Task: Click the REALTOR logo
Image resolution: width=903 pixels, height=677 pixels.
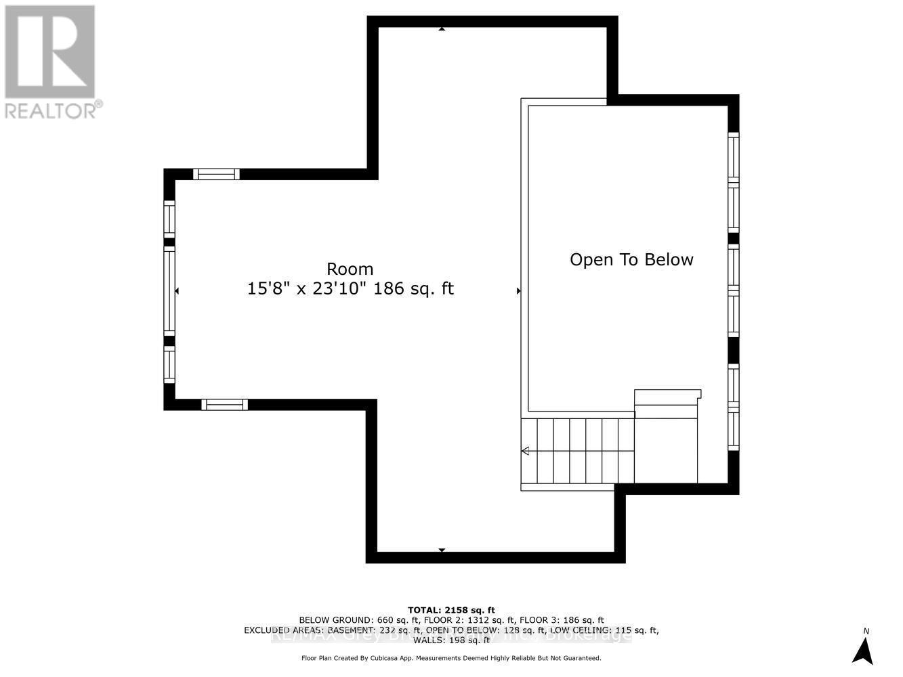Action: click(50, 62)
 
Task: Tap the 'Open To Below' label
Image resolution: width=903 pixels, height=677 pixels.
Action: click(631, 260)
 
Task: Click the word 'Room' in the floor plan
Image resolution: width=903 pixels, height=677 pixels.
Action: click(350, 269)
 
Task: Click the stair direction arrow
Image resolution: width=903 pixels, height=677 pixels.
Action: click(526, 451)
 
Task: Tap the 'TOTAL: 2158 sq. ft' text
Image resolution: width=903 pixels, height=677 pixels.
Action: click(451, 610)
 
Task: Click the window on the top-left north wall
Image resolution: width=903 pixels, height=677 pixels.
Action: click(216, 174)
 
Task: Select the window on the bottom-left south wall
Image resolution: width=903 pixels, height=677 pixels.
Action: click(224, 405)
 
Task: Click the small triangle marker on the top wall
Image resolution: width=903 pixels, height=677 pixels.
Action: click(442, 29)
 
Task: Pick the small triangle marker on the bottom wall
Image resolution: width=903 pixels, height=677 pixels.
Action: click(442, 550)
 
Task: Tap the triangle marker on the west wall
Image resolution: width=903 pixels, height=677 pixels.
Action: click(177, 291)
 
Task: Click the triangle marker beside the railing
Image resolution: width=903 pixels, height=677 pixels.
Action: click(518, 291)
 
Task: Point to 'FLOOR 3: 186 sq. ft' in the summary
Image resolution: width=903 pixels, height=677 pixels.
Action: click(561, 620)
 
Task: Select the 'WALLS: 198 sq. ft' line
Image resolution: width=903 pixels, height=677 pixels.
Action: click(451, 640)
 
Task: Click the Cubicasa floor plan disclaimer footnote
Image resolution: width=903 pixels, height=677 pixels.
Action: click(451, 658)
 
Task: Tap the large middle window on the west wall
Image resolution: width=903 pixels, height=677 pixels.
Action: click(169, 291)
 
